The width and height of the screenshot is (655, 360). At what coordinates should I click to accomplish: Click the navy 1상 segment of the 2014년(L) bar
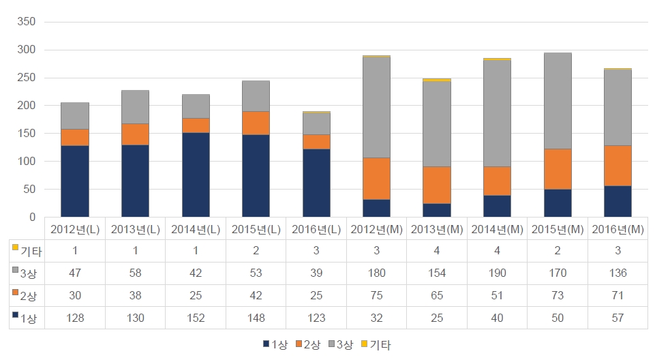196,175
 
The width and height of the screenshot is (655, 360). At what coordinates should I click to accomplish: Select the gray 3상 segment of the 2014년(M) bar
497,113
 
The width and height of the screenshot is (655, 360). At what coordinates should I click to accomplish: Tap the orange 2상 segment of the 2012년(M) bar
376,178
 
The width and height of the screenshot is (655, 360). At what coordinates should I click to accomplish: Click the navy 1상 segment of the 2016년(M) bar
618,201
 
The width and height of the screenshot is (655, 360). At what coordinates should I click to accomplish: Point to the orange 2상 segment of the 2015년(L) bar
256,123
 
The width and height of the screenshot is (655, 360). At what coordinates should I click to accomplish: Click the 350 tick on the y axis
27,22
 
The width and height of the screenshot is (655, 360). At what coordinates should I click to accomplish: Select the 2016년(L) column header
316,229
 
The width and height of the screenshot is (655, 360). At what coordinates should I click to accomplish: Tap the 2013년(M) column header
437,229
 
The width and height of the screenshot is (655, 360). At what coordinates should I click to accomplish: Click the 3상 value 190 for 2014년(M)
497,273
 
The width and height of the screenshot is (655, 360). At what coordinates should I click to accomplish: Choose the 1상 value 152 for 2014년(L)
196,318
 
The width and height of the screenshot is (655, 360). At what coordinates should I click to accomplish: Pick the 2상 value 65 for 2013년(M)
437,295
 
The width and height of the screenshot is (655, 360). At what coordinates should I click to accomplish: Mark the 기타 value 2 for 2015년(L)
256,251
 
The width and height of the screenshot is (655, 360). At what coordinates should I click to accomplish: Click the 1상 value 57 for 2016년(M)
618,318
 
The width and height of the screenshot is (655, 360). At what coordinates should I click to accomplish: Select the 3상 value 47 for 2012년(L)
75,273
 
